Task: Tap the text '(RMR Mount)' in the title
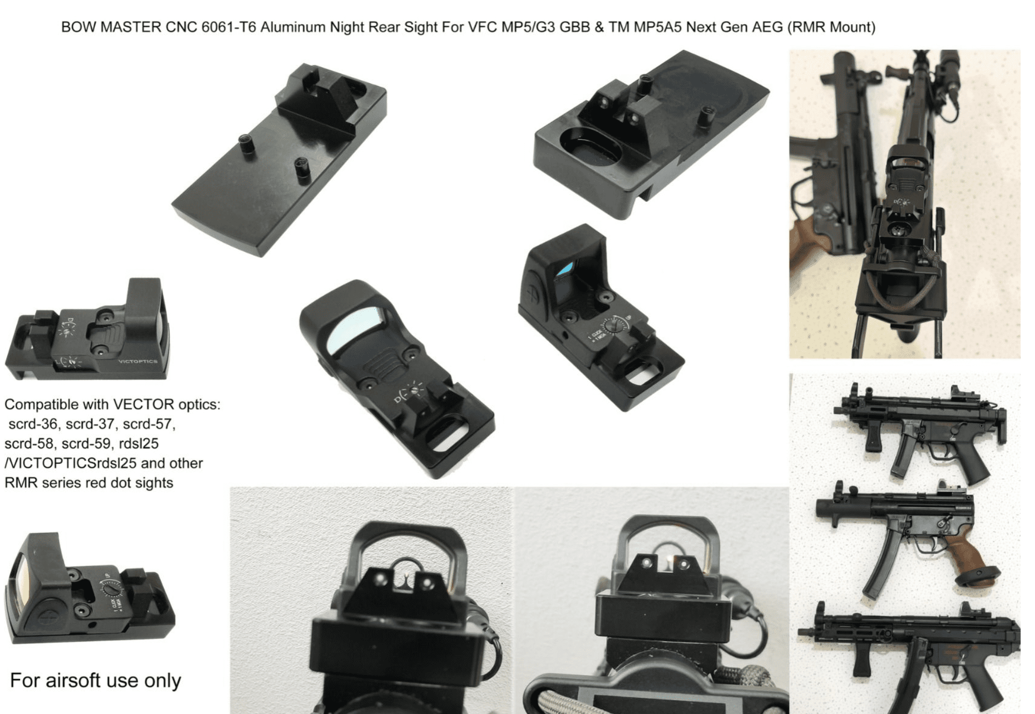click(831, 27)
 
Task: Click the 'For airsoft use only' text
click(95, 681)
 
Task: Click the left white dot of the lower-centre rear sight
click(381, 579)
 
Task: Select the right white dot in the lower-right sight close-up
click(683, 565)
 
